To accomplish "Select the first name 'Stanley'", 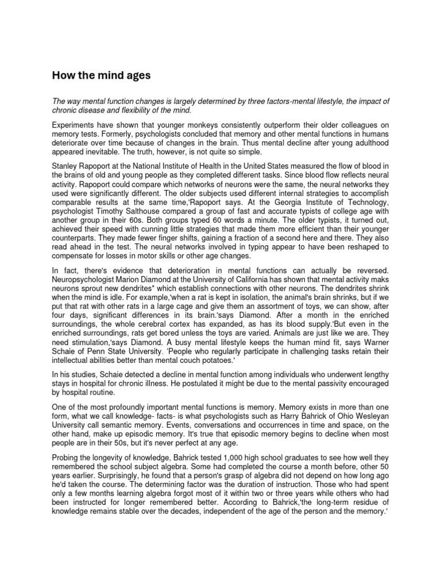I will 67,167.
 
